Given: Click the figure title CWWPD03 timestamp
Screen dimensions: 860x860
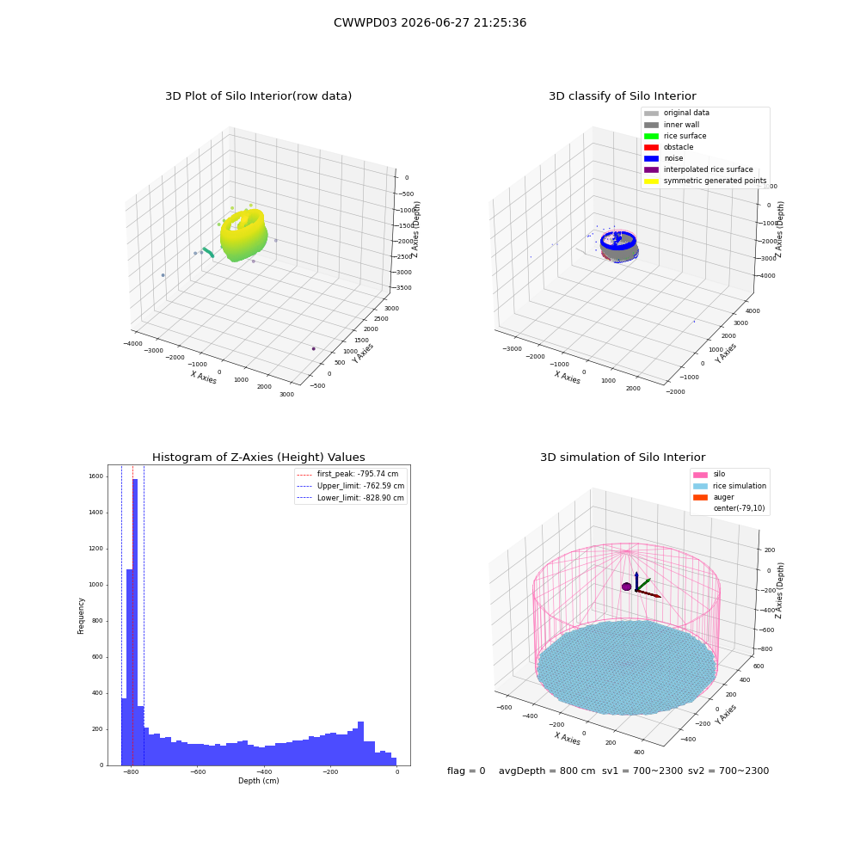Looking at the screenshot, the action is (x=430, y=23).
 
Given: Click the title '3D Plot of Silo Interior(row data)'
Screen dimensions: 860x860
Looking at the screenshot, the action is (x=258, y=96).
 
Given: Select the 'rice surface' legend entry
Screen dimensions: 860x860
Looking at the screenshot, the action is (x=675, y=136).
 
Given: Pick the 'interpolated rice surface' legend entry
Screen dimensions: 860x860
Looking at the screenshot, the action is (x=698, y=169).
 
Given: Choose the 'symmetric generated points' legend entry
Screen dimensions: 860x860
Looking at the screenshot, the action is (x=705, y=181).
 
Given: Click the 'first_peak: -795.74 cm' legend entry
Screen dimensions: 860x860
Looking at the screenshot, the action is (x=347, y=474).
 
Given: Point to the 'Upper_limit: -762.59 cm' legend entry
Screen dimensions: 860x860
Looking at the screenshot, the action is (x=351, y=486).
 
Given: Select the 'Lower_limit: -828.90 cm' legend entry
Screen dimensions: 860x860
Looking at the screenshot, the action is (x=351, y=498).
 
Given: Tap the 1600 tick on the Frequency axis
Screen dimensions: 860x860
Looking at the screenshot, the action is (x=96, y=476).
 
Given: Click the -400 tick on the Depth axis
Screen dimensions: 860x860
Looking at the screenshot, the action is (x=264, y=771).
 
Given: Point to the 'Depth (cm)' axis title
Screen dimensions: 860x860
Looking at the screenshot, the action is (x=258, y=781).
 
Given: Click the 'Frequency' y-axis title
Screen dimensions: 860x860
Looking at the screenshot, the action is (x=81, y=616).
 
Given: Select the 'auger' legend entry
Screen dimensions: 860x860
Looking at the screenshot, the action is (x=714, y=497).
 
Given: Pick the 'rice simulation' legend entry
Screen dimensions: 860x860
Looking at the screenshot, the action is (x=729, y=486).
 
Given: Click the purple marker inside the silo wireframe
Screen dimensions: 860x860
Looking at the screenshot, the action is (x=626, y=587).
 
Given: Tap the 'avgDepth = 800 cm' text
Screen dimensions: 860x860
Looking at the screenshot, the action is (x=547, y=771).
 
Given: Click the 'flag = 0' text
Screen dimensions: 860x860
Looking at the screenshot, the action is (x=466, y=771).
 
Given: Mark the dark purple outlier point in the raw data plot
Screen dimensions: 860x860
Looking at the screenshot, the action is (x=314, y=349).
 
